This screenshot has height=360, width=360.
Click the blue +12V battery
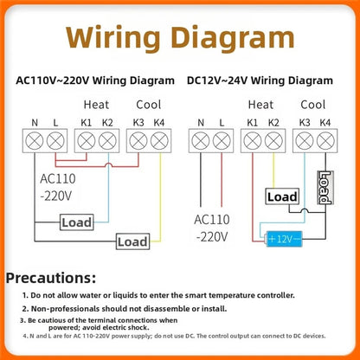[x=284, y=239]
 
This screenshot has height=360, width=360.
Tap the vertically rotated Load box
[x=325, y=188]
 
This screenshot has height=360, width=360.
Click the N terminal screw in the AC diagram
[x=35, y=141]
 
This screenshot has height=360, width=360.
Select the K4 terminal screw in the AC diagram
[x=159, y=141]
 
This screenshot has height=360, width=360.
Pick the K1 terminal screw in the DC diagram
[x=253, y=141]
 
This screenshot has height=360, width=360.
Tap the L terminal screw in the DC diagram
[x=222, y=141]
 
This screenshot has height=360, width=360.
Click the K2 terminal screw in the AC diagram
[x=107, y=141]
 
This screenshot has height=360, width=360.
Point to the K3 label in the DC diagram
[x=305, y=123]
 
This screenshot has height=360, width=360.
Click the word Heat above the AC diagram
[x=96, y=105]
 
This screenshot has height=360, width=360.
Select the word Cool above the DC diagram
[x=313, y=105]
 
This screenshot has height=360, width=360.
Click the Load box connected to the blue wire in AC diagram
[x=77, y=222]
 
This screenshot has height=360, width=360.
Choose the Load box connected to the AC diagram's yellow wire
[x=132, y=241]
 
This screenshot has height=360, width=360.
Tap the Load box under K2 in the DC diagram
[x=282, y=196]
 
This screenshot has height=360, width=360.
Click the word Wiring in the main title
[x=112, y=38]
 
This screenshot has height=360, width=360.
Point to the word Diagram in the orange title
[x=233, y=38]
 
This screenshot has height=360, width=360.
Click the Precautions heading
[x=51, y=278]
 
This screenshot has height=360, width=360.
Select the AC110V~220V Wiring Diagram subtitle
[x=95, y=80]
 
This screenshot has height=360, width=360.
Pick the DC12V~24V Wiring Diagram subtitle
[x=260, y=80]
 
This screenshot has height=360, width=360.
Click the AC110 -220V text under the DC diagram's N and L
[x=212, y=228]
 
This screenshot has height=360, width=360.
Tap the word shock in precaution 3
[x=138, y=328]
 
